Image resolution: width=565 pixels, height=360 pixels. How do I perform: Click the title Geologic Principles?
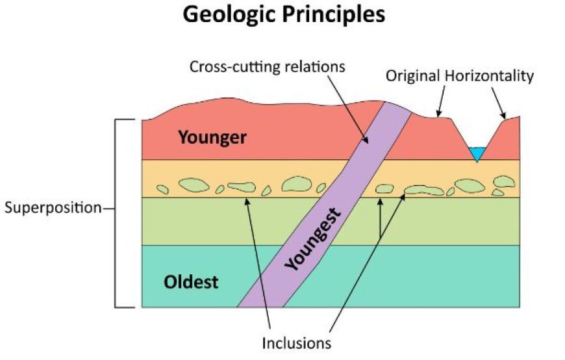(x=284, y=16)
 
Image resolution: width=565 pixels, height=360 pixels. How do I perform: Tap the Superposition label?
(x=53, y=208)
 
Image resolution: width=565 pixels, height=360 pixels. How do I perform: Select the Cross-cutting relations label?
(x=267, y=67)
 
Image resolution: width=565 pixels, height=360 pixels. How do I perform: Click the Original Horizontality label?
(x=459, y=76)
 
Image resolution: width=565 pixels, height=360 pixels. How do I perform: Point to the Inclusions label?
(x=296, y=343)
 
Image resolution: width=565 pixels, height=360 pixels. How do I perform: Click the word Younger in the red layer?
(x=212, y=138)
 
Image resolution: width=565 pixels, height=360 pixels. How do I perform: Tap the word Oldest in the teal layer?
(x=191, y=282)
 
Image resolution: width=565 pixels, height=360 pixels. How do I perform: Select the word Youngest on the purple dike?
(x=312, y=239)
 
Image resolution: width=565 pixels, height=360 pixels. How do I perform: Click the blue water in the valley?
(x=477, y=153)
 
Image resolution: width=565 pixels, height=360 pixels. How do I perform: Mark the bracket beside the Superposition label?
(x=116, y=213)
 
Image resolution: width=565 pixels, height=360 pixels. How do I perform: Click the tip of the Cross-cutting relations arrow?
(x=368, y=143)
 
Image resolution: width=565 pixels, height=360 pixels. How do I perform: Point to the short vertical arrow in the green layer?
(x=380, y=218)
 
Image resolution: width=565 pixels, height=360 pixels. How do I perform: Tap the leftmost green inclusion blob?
(x=162, y=189)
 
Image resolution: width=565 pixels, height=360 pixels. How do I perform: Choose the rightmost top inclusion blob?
(x=504, y=181)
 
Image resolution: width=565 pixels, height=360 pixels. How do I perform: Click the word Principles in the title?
(x=333, y=16)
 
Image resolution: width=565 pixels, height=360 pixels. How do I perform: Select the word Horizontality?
(x=489, y=76)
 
